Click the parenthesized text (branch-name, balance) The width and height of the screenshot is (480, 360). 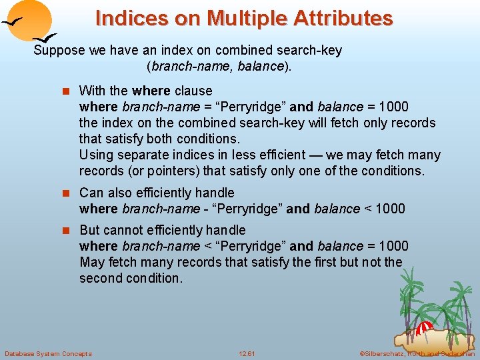click(x=219, y=67)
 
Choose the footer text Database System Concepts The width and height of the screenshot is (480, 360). click(x=48, y=353)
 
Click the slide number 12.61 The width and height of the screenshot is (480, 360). click(x=247, y=353)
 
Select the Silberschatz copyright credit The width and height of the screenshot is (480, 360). click(x=417, y=353)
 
